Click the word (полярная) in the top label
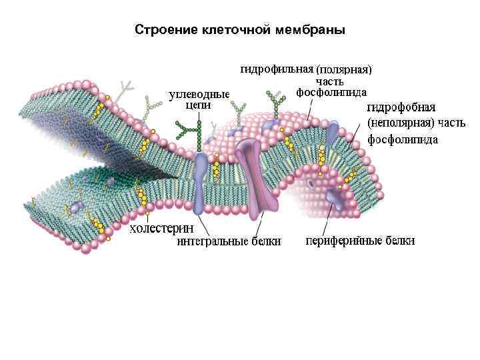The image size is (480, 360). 343,69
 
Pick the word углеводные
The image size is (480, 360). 199,94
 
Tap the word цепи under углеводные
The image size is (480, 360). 198,105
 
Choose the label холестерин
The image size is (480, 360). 161,229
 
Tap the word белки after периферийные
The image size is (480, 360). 398,241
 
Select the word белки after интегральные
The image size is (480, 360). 265,241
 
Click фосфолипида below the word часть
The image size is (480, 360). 331,92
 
